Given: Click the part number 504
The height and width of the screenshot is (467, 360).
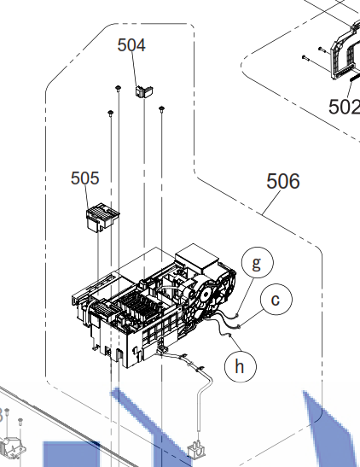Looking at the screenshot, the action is [x=131, y=45].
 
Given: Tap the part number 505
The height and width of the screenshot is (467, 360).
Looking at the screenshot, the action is [x=84, y=178].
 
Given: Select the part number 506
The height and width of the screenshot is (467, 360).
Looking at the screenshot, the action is [x=283, y=181].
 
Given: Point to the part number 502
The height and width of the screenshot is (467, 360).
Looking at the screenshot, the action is [x=345, y=107].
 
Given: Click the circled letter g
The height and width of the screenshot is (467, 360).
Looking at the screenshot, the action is [x=258, y=262].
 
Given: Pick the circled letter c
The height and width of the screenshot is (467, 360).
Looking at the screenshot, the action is [x=276, y=300].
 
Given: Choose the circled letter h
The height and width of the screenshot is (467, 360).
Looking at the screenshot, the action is [x=241, y=366].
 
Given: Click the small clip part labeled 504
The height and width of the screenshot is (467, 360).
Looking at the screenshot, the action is [x=144, y=91].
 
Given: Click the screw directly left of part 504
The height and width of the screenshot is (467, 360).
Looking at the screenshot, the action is [x=119, y=88].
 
